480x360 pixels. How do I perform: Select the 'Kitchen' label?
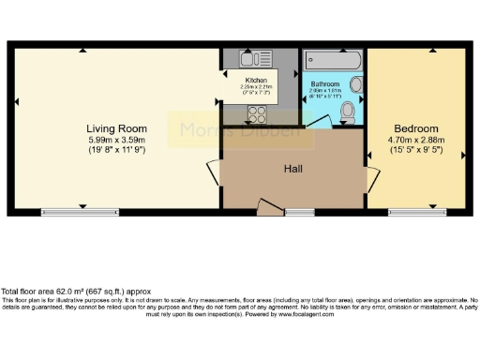click(257, 81)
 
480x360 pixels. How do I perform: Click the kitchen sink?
click(233, 80)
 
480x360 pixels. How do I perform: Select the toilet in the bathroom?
click(350, 110)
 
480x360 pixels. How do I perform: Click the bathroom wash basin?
click(355, 83)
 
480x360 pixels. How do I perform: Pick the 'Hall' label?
click(292, 169)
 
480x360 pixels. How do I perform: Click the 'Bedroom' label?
click(415, 128)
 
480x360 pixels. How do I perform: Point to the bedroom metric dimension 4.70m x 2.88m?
click(415, 140)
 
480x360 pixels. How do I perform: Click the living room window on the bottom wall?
click(79, 212)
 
